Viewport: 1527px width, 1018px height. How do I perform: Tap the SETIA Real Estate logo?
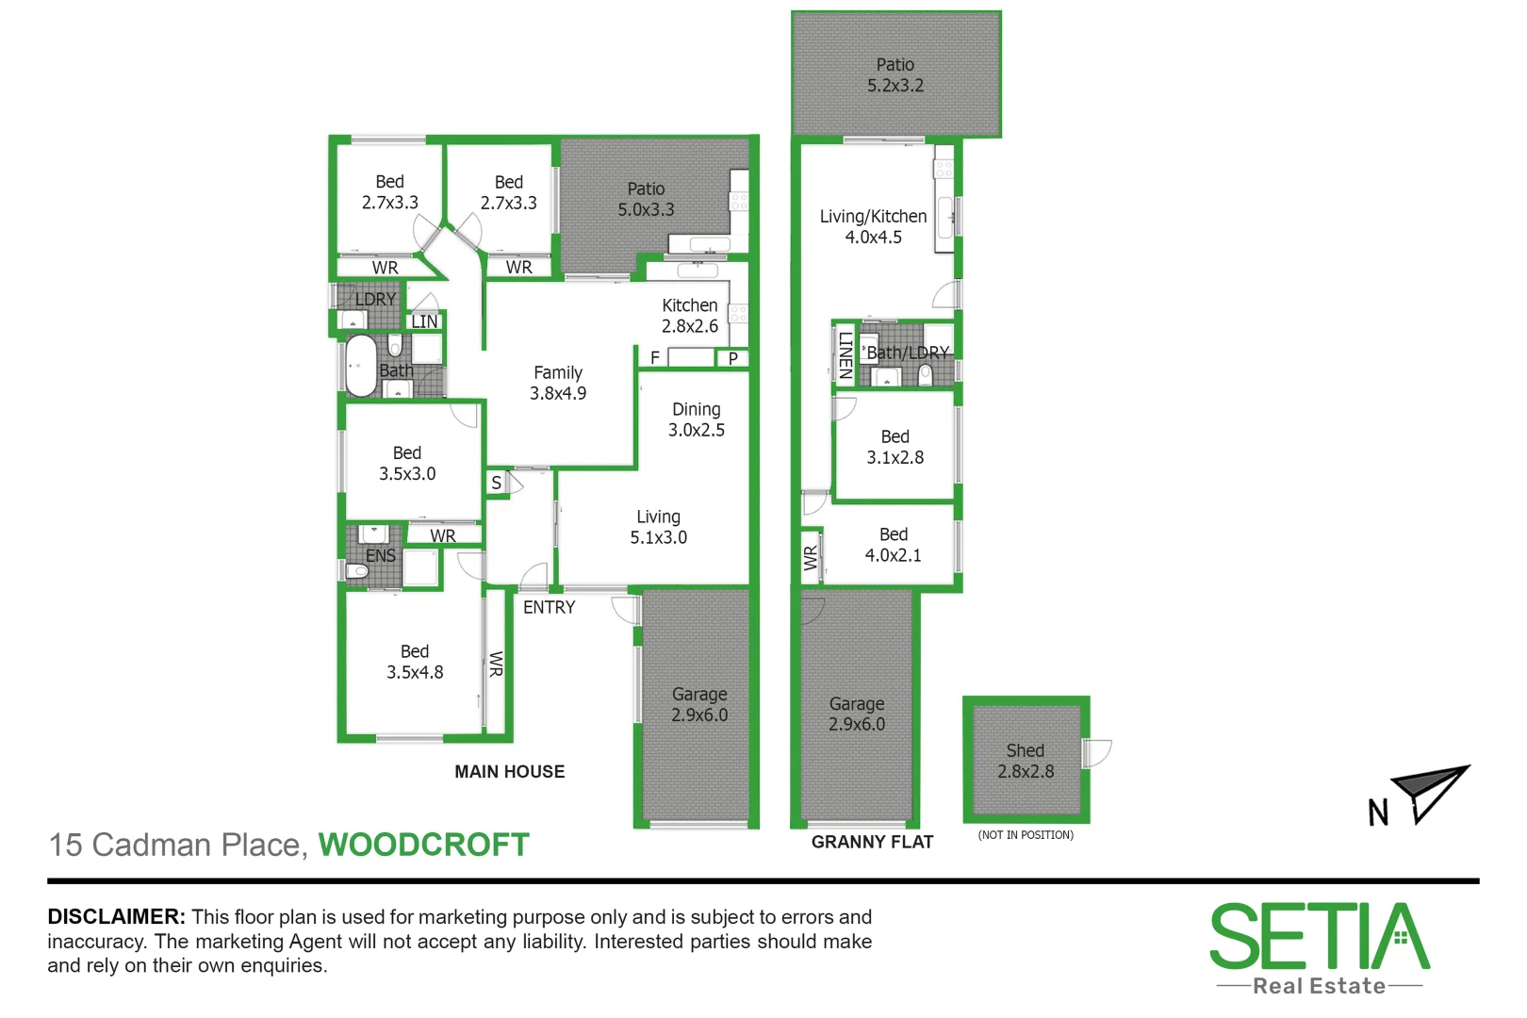coord(1319,948)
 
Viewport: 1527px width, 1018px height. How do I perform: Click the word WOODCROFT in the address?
coord(423,845)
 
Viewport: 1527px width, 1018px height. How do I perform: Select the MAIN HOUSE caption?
coord(509,771)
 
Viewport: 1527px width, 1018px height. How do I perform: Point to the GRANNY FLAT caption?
coord(872,842)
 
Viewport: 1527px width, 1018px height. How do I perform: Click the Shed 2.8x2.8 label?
coord(1026,761)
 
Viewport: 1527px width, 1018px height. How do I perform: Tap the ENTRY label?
coord(549,607)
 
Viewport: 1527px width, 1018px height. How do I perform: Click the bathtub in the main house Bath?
coord(360,366)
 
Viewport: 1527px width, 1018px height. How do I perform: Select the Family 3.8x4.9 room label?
coord(557,383)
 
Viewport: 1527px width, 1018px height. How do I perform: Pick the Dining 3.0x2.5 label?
coord(696,419)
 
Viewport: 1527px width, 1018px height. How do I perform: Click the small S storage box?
coord(496,483)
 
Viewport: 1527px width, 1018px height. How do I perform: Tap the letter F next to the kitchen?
coord(655,358)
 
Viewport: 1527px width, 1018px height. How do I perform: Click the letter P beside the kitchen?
coord(732,358)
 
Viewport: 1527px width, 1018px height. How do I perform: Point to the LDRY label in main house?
coord(375,299)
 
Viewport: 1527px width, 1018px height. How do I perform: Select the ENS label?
coord(380,555)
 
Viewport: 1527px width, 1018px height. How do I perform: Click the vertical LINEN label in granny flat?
coord(846,354)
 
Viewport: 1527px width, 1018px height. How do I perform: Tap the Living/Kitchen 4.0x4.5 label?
coord(873,226)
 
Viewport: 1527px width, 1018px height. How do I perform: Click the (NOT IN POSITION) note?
coord(1025,834)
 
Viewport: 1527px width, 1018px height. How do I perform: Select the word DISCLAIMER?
coord(116,916)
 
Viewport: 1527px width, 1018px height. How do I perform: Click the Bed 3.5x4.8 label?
coord(414,662)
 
